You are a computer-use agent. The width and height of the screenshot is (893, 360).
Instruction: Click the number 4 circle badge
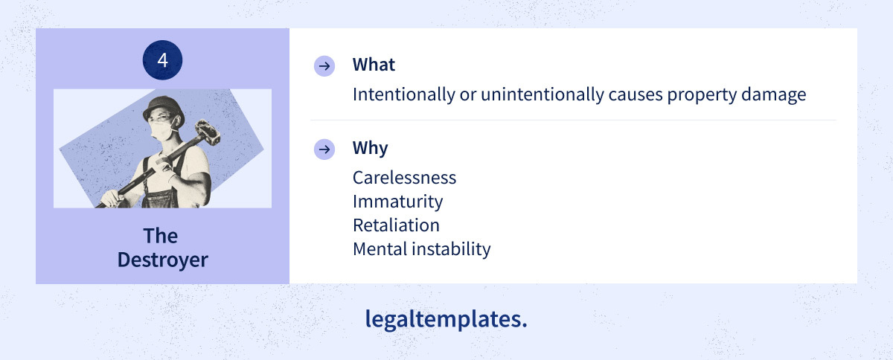(162, 60)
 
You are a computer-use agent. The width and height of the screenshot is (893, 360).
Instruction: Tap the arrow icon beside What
(324, 65)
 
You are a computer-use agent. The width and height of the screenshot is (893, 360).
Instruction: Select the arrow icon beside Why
(324, 150)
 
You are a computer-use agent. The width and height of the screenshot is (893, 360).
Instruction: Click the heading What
(374, 65)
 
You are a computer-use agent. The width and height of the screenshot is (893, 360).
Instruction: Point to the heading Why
(370, 148)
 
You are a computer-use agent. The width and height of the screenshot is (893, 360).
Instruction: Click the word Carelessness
(404, 178)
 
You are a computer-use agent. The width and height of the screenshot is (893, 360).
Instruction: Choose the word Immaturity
(397, 202)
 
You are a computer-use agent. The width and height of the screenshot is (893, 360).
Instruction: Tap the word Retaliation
(396, 225)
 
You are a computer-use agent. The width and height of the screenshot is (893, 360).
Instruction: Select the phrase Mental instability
(421, 248)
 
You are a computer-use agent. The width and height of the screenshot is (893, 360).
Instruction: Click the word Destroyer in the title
(163, 260)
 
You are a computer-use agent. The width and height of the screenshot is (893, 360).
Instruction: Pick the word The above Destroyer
(160, 236)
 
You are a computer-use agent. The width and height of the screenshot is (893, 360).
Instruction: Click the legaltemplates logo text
(446, 319)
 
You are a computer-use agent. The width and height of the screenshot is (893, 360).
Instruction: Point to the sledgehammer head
(207, 132)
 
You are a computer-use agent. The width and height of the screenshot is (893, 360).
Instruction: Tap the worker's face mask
(162, 130)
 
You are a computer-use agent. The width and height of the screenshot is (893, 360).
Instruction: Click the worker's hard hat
(164, 107)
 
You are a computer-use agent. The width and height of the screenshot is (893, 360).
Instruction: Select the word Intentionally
(404, 95)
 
